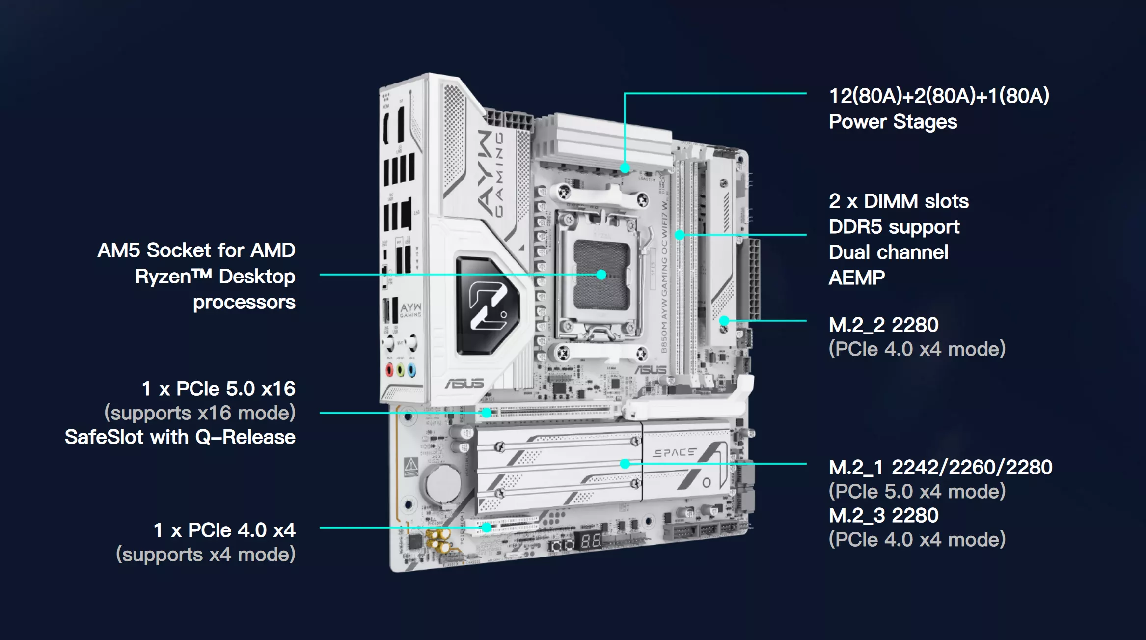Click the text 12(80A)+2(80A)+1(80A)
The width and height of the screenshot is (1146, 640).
(939, 96)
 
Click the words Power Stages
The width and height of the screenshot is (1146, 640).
(893, 122)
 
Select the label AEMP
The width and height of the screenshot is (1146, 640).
(856, 278)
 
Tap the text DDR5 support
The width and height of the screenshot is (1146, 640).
(894, 227)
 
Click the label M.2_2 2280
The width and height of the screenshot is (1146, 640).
(883, 325)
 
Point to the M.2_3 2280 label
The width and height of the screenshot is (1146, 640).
(883, 515)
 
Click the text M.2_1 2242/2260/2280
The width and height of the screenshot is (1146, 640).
(940, 467)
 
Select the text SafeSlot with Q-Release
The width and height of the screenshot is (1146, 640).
(180, 437)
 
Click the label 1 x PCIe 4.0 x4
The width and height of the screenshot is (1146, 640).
(224, 530)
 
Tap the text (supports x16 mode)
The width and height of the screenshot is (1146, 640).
(200, 413)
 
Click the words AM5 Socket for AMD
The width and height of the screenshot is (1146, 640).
(196, 250)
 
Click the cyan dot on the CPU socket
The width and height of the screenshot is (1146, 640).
(601, 275)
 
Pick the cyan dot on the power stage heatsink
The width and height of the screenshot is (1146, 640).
(625, 168)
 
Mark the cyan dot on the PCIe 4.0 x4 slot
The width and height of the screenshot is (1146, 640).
(486, 528)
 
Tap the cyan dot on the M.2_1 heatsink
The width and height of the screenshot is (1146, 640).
(625, 463)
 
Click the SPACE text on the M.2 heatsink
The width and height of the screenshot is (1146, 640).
(675, 452)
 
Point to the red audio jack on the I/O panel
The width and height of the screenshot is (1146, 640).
(389, 369)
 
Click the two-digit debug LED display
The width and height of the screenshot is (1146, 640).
(591, 541)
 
